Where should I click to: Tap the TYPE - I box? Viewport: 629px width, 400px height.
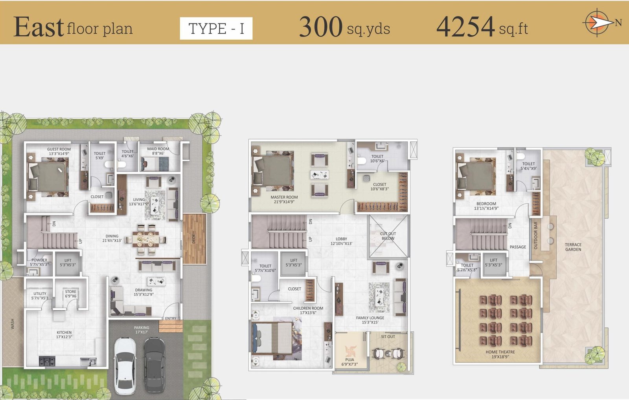(216, 28)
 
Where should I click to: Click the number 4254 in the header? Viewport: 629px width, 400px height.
(465, 27)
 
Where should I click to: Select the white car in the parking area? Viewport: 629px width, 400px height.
(125, 365)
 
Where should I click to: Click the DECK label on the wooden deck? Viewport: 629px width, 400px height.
(193, 239)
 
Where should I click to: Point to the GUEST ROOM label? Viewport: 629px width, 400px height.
(59, 149)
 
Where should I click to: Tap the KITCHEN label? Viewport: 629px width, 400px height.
(64, 332)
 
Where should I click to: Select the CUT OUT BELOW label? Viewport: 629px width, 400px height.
(388, 236)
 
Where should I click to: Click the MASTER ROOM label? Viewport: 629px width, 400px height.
(284, 197)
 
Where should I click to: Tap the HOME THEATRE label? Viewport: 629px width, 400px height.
(500, 352)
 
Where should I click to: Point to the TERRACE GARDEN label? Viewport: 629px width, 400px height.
(573, 247)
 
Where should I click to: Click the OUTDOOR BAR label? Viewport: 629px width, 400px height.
(535, 236)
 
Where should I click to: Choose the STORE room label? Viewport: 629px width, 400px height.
(70, 292)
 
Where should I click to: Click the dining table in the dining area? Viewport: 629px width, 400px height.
(145, 239)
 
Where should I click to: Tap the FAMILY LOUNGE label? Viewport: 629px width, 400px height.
(370, 318)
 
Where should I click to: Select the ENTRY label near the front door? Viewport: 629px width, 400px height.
(171, 318)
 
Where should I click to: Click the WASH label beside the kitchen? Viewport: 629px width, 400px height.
(12, 324)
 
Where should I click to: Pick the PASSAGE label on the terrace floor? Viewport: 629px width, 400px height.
(518, 247)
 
